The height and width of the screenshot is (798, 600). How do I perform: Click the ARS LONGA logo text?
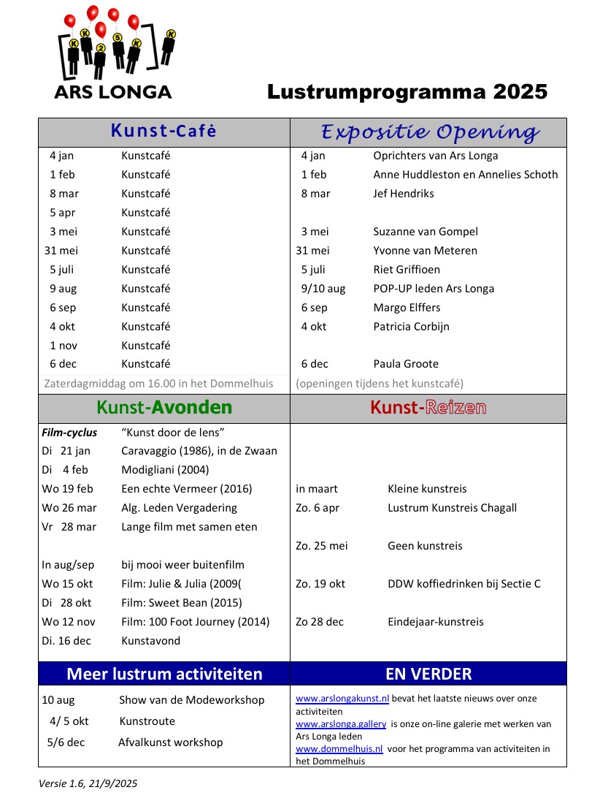pyautogui.click(x=113, y=92)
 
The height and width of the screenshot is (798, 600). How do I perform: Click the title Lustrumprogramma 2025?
pyautogui.click(x=407, y=92)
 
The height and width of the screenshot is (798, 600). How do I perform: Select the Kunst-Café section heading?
pyautogui.click(x=164, y=132)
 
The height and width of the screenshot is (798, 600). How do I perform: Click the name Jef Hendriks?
pyautogui.click(x=404, y=194)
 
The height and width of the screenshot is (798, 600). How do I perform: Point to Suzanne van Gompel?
pyautogui.click(x=426, y=232)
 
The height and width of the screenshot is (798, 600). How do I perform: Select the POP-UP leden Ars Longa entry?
pyautogui.click(x=434, y=289)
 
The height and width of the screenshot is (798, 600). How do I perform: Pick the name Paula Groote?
pyautogui.click(x=406, y=364)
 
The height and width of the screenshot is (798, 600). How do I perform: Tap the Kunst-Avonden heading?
pyautogui.click(x=164, y=408)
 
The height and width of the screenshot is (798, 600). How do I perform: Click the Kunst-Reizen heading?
pyautogui.click(x=428, y=408)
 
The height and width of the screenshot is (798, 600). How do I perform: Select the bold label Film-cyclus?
pyautogui.click(x=69, y=433)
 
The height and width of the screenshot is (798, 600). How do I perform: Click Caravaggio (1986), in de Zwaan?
pyautogui.click(x=199, y=451)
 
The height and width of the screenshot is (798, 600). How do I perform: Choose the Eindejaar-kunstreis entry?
pyautogui.click(x=435, y=622)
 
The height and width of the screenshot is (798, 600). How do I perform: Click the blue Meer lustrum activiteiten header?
pyautogui.click(x=164, y=674)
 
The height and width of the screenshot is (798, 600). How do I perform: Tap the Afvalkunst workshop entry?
pyautogui.click(x=170, y=742)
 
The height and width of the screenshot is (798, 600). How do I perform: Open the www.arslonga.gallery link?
pyautogui.click(x=341, y=724)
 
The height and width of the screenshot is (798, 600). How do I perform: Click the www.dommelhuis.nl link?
pyautogui.click(x=339, y=749)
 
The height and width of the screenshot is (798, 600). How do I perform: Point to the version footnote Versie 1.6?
pyautogui.click(x=88, y=783)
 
